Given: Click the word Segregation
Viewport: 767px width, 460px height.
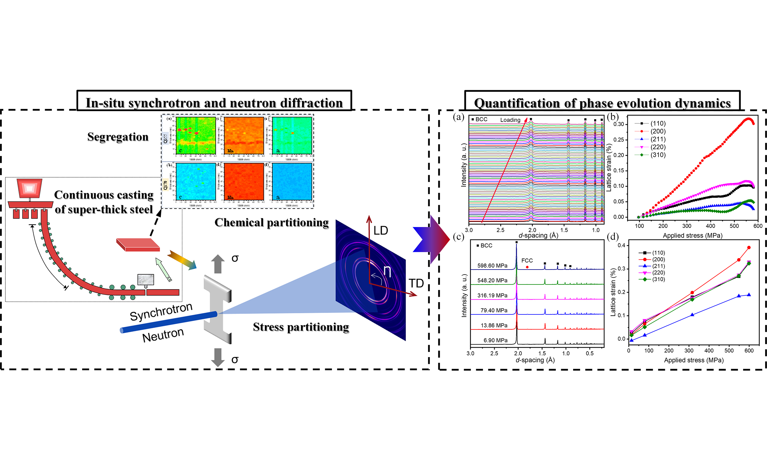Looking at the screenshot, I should [118, 137].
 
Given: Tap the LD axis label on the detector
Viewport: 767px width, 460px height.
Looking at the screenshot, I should [381, 231].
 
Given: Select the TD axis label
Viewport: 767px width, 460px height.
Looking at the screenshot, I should [416, 283].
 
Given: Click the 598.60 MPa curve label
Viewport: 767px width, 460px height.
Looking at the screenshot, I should [492, 266].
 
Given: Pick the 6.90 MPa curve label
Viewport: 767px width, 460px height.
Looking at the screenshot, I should [496, 340].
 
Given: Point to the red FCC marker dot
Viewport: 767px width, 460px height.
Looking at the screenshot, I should [527, 267].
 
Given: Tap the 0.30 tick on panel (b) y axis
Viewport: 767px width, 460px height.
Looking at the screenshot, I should [619, 124].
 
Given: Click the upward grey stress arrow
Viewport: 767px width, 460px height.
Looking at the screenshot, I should [218, 264].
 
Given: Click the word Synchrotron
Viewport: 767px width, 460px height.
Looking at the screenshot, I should [161, 311].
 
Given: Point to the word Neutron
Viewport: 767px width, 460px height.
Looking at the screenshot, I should [163, 335].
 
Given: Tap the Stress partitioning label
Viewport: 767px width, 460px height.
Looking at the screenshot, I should [301, 327].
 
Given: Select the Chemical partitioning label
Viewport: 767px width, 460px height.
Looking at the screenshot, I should [271, 223].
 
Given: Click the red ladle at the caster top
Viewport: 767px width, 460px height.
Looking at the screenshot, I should [30, 188].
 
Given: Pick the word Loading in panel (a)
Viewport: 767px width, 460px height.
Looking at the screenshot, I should [510, 120].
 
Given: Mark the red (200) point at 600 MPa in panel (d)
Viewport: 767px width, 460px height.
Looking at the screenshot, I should [749, 248].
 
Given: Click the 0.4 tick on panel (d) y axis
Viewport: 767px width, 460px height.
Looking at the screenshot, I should [621, 246].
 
